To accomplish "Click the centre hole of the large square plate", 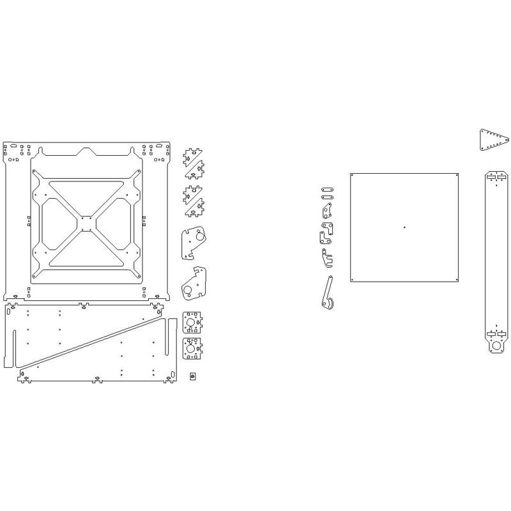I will click(404, 226).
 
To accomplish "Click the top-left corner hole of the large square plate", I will click(352, 174).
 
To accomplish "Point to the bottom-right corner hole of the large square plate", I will click(457, 279).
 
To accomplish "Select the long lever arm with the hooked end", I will click(327, 294).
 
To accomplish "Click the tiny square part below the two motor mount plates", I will click(192, 376).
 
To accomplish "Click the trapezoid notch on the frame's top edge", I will click(86, 151).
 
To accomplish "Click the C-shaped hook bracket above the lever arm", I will click(326, 258).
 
